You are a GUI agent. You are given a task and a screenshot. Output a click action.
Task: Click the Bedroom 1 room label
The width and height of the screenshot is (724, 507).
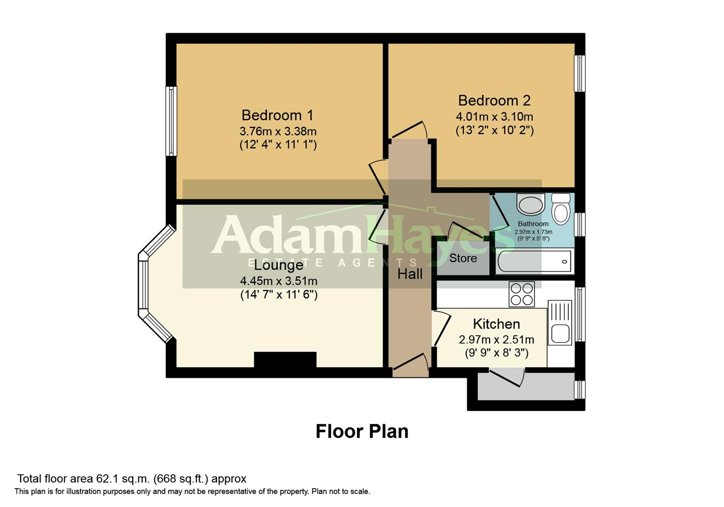277,115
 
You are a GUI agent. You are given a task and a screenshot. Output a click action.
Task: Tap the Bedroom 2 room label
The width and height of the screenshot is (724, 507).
494,100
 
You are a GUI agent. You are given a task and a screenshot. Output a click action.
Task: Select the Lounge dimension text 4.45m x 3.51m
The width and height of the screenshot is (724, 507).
278,281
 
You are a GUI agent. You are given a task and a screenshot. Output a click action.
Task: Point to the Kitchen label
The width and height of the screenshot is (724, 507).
496,324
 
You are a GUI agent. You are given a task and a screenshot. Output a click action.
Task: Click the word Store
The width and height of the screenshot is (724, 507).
462,258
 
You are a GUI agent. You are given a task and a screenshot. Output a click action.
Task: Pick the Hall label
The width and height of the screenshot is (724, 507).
410,274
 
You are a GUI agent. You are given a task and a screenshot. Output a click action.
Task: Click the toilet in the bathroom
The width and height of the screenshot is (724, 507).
561,209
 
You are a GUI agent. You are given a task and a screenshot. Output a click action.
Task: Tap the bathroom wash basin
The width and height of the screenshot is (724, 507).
531,205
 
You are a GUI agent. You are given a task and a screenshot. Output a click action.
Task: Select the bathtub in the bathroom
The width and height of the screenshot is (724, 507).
534,262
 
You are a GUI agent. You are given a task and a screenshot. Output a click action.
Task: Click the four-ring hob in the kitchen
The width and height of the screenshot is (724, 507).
522,294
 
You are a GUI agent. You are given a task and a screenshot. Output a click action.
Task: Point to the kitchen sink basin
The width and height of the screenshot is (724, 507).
560,333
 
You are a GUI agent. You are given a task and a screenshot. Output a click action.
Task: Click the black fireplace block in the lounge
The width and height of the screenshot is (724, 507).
285,360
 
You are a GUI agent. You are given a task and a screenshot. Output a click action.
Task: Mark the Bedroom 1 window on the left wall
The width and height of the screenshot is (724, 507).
172,121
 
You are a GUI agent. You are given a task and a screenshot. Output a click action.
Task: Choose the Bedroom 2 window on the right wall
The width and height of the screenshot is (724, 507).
580,74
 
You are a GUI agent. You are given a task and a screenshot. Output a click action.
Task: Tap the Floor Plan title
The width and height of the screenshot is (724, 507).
362,431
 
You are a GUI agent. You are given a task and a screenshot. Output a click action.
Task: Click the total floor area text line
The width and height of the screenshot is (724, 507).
131,479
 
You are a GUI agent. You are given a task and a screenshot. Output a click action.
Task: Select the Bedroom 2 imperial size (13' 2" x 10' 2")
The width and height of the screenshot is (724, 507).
494,130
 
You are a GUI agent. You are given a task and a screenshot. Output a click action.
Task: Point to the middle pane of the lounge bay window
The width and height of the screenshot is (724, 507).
143,285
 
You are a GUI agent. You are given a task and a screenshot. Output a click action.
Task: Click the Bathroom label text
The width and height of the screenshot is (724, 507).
533,224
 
